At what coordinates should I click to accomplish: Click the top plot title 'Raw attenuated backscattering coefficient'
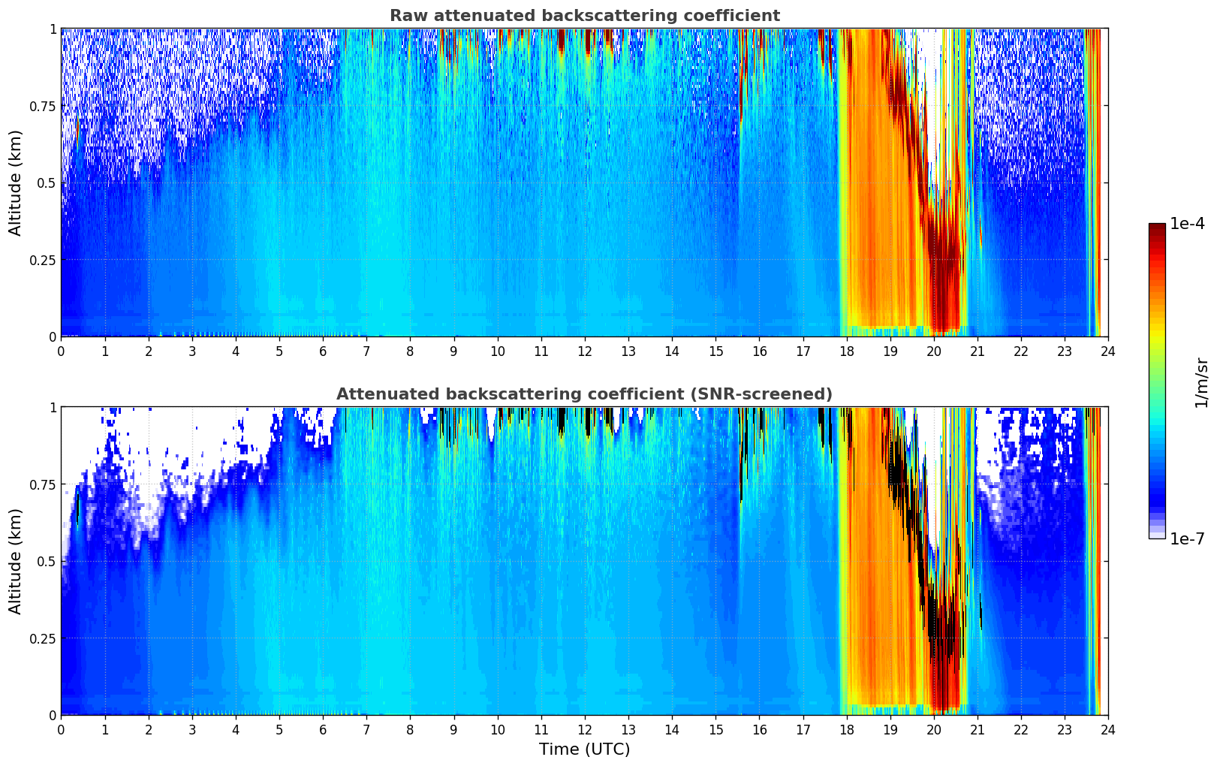(x=584, y=16)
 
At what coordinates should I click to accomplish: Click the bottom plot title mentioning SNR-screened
(x=584, y=394)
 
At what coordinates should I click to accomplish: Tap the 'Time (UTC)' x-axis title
(x=584, y=749)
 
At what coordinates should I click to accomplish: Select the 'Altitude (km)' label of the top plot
(x=16, y=182)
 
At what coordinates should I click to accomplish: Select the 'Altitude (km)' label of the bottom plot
(x=16, y=561)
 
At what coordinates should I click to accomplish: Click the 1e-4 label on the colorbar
(x=1187, y=224)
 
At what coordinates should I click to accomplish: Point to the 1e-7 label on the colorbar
(x=1187, y=538)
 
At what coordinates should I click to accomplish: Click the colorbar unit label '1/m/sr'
(x=1201, y=382)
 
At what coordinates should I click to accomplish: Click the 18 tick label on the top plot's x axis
(x=847, y=351)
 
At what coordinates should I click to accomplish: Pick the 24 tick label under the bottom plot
(x=1108, y=729)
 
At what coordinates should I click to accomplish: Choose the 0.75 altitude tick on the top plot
(x=44, y=106)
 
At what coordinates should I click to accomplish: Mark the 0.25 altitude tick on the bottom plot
(x=44, y=638)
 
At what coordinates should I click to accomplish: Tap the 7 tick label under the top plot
(x=366, y=351)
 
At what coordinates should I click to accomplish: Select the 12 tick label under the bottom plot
(x=585, y=729)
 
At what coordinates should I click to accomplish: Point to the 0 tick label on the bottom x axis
(x=62, y=729)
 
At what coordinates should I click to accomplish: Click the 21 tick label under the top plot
(x=978, y=351)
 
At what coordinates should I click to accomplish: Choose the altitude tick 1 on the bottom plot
(x=53, y=408)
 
